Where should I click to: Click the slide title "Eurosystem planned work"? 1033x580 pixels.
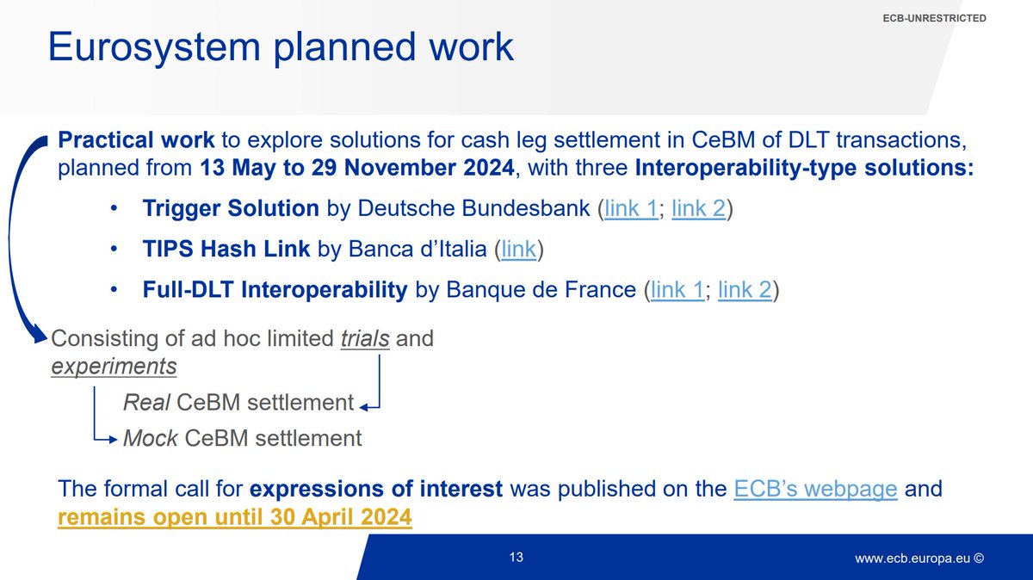pyautogui.click(x=281, y=47)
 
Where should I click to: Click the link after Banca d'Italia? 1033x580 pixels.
pyautogui.click(x=518, y=250)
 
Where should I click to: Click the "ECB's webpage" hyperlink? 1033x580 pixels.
pyautogui.click(x=815, y=490)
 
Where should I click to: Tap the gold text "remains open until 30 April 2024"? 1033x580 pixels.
pyautogui.click(x=235, y=519)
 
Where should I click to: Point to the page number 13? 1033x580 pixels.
pyautogui.click(x=516, y=558)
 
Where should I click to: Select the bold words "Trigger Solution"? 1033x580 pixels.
pyautogui.click(x=231, y=209)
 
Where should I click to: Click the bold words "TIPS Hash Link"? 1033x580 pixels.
pyautogui.click(x=227, y=250)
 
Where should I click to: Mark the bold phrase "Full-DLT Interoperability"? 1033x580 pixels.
pyautogui.click(x=275, y=290)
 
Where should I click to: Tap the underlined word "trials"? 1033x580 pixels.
pyautogui.click(x=365, y=338)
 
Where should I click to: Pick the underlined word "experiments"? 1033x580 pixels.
pyautogui.click(x=114, y=367)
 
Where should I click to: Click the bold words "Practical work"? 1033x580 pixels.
pyautogui.click(x=136, y=139)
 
